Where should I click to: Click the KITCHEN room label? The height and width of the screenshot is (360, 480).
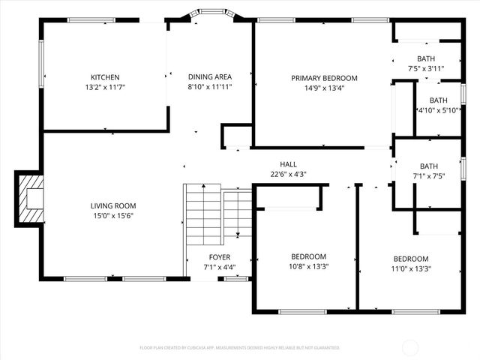105,77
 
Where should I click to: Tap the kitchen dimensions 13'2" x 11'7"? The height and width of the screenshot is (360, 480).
105,87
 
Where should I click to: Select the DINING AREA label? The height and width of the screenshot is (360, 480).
209,76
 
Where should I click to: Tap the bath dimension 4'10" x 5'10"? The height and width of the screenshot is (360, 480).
438,110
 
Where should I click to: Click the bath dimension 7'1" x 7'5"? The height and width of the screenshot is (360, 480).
429,176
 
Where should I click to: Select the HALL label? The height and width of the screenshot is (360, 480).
289,164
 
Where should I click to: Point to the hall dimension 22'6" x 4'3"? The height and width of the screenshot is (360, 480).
289,174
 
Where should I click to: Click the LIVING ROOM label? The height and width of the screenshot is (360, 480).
113,205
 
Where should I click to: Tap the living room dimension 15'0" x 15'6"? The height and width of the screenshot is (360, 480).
113,216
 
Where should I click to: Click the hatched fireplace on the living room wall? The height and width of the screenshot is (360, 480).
31,198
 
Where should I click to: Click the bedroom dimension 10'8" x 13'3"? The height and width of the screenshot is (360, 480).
308,266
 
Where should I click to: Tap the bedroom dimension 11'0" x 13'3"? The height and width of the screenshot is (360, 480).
410,268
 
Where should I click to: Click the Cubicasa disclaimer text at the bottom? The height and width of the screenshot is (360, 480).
240,348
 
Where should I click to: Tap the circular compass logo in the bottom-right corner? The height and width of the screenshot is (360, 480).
411,347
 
